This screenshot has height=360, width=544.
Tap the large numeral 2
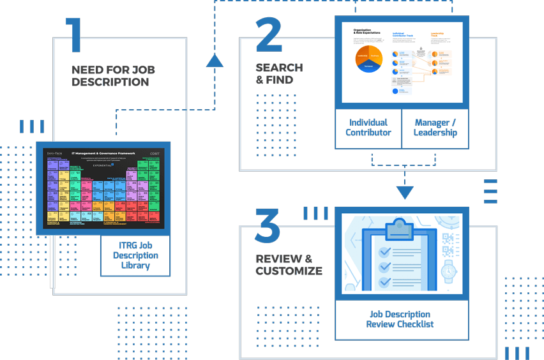[x=268, y=35]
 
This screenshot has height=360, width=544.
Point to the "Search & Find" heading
[x=279, y=73]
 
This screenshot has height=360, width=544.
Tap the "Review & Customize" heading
[x=289, y=264]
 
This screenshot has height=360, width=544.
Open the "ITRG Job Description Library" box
[x=135, y=256]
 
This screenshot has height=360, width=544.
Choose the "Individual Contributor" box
[x=368, y=128]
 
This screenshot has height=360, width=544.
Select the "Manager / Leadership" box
[x=435, y=128]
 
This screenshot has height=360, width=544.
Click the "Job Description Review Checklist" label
[x=400, y=319]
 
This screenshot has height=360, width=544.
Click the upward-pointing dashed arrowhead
[x=215, y=61]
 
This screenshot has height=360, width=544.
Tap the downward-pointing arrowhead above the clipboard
[x=405, y=191]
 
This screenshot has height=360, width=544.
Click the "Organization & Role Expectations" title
[x=365, y=31]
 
